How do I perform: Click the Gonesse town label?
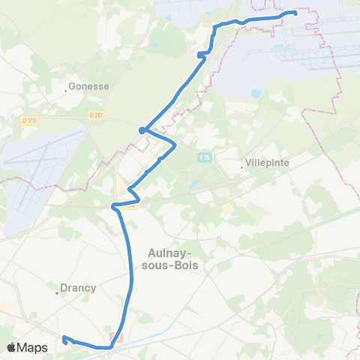tap(89, 86)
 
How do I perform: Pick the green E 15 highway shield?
tap(205, 157)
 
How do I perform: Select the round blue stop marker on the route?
tap(141, 130)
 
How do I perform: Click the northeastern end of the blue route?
tap(295, 13)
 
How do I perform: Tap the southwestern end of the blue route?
tap(64, 338)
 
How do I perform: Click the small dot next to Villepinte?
tap(243, 166)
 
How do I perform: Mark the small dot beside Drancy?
tap(57, 292)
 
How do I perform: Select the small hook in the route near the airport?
tap(202, 54)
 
